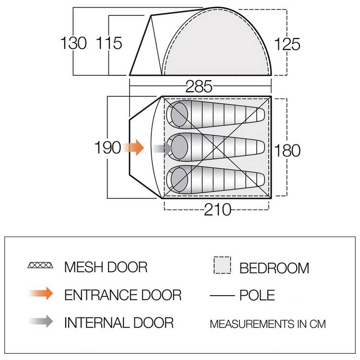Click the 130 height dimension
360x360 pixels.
click(x=73, y=43)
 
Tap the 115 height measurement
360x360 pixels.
click(x=109, y=43)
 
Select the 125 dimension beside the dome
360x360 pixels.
click(x=287, y=44)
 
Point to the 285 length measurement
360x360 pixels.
click(x=199, y=86)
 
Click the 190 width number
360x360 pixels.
click(x=108, y=147)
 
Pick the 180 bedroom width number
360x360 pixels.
click(x=287, y=151)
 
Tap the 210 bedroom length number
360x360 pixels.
click(x=217, y=209)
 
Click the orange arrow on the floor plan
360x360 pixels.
click(x=133, y=147)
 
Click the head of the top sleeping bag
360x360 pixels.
click(x=179, y=115)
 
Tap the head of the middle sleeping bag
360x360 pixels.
click(x=180, y=147)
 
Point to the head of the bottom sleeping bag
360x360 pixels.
click(x=180, y=180)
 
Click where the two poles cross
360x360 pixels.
click(x=217, y=147)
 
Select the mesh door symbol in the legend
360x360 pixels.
click(x=40, y=265)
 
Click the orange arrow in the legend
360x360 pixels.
click(x=41, y=293)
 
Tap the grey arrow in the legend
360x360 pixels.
click(x=41, y=321)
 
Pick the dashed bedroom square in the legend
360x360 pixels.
click(x=222, y=265)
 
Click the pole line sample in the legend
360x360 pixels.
click(x=222, y=296)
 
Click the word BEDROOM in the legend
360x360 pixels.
click(x=275, y=268)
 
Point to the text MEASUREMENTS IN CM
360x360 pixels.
click(x=268, y=324)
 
